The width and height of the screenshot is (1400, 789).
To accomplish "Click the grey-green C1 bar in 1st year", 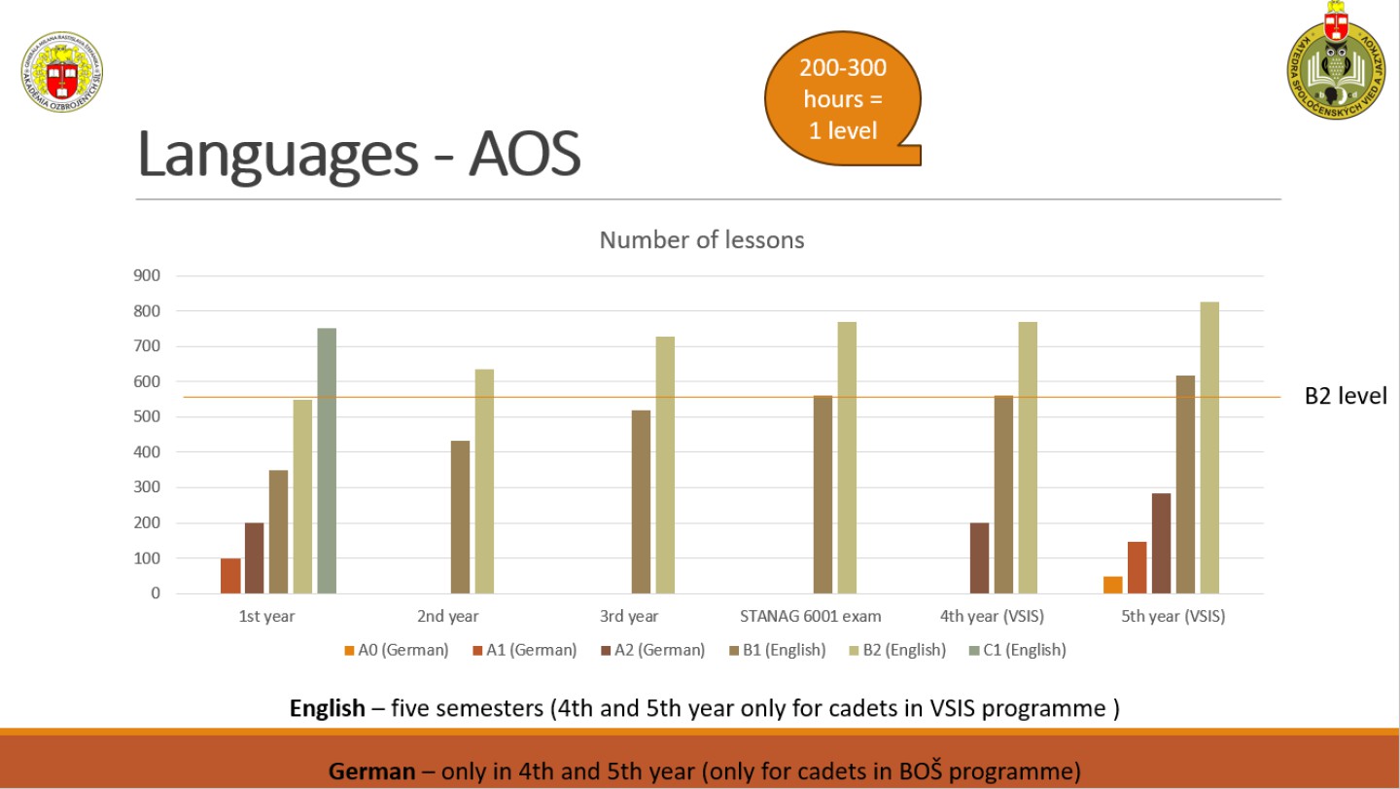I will tap(327, 460).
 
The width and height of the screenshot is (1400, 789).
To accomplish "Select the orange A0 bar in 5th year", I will tap(1113, 585).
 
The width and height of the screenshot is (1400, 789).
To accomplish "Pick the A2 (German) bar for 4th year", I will tap(979, 557).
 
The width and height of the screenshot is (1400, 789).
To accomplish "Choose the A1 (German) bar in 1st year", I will tap(230, 575).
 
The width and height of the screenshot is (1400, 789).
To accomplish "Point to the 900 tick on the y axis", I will tap(148, 275).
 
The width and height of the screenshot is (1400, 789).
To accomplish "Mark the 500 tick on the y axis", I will tap(148, 416).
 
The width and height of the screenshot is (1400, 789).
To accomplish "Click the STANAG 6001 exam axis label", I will tap(810, 616).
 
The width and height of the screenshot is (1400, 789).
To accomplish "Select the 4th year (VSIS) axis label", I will tap(992, 616).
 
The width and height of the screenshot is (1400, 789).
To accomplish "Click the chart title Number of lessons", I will tap(701, 239).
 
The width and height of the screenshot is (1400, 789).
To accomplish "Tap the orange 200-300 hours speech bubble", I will tap(842, 98).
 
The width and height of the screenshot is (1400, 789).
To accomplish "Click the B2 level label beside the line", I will tap(1345, 396).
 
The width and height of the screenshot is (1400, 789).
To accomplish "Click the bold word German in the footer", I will tap(371, 771).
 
